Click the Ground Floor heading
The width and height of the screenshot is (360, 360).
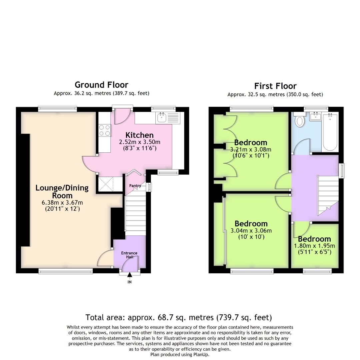click(101, 85)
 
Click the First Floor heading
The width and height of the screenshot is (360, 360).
click(275, 86)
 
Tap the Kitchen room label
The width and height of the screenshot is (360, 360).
click(139, 135)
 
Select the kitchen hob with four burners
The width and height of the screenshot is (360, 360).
click(105, 130)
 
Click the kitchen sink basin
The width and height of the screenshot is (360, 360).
click(162, 118)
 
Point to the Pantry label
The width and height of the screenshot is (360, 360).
click(135, 186)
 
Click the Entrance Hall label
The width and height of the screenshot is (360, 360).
click(129, 255)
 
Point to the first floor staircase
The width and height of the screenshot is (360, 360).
click(327, 195)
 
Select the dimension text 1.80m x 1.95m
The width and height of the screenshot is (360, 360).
click(314, 246)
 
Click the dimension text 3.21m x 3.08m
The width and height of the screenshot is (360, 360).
click(251, 149)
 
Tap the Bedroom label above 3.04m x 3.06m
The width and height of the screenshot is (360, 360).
click(251, 223)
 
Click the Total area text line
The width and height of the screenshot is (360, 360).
click(179, 317)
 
